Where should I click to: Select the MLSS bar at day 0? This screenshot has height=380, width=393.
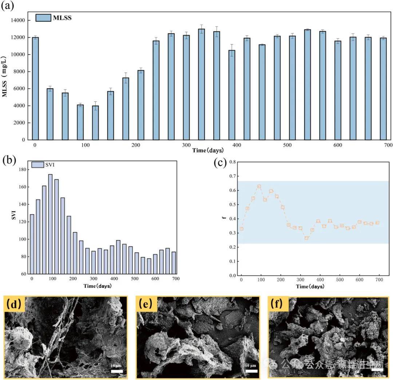[35, 88]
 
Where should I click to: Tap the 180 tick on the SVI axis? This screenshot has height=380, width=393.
[23, 170]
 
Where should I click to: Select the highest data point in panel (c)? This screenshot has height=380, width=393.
[259, 186]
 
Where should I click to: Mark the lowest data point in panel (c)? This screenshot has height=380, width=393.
[306, 238]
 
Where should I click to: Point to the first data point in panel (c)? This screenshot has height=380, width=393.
[241, 229]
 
